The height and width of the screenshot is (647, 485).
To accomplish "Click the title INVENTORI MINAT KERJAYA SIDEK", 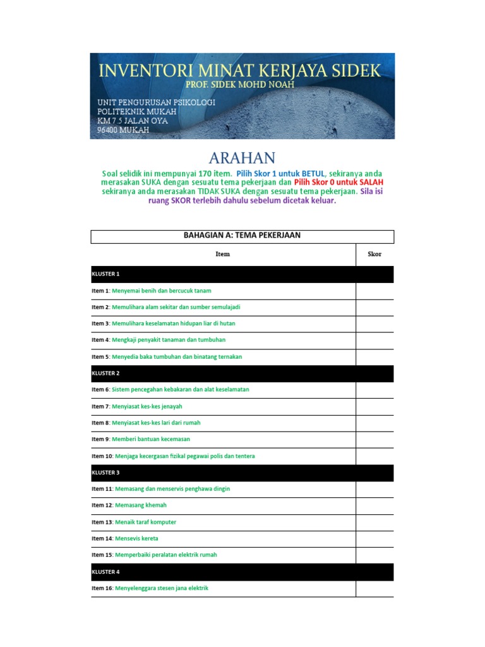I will click(x=239, y=70).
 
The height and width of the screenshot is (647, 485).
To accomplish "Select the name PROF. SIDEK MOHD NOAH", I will click(x=240, y=85).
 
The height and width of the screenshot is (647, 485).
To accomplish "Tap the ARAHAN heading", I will click(x=242, y=157).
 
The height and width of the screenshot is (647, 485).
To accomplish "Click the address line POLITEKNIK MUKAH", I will click(x=136, y=112).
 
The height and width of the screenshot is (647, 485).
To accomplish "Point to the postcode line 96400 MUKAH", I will click(x=123, y=130).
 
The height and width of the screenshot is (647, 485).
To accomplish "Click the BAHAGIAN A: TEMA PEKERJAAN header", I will click(x=242, y=236).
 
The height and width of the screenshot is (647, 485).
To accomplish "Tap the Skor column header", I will click(x=374, y=254).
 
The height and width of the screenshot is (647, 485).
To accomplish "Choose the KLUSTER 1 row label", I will click(x=105, y=274).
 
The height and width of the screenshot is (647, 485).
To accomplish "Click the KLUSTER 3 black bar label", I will click(x=105, y=473).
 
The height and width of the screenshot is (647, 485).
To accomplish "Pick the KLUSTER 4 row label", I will click(x=105, y=572).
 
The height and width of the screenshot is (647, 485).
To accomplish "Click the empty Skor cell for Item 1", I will click(x=374, y=291).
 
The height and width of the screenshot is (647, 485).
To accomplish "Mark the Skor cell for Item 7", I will click(x=374, y=406).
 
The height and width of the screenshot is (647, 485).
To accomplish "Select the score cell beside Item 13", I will click(x=374, y=522).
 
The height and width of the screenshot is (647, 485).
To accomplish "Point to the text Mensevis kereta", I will click(x=136, y=538).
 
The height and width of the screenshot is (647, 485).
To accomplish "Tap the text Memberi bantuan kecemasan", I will click(x=151, y=439).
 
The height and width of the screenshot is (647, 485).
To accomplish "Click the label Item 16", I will click(x=102, y=588).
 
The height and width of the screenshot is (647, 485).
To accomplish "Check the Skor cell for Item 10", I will click(x=374, y=456).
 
